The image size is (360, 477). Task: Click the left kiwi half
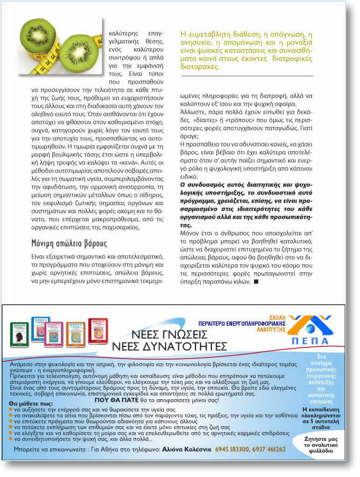38,34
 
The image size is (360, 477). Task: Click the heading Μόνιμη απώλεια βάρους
69,244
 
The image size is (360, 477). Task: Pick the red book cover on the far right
98,331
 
